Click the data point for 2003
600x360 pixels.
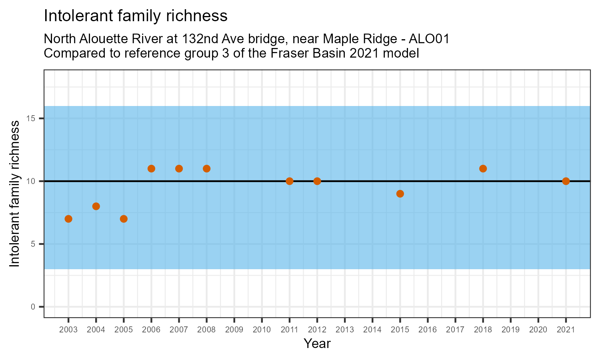click(x=68, y=219)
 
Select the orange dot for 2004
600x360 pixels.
click(x=96, y=206)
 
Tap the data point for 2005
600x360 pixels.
click(x=124, y=219)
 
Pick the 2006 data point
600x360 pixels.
click(x=151, y=168)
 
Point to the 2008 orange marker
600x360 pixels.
click(x=206, y=168)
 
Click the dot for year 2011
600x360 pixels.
click(x=290, y=181)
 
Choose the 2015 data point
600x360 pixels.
click(x=400, y=194)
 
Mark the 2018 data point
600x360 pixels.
click(x=483, y=168)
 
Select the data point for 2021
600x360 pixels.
click(x=566, y=181)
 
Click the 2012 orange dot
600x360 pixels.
click(x=317, y=181)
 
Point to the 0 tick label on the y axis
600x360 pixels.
click(x=33, y=307)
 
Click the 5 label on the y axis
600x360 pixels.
click(x=33, y=244)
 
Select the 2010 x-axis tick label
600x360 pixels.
click(x=262, y=330)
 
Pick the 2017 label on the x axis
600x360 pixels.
click(x=455, y=330)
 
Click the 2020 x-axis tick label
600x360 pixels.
click(x=538, y=330)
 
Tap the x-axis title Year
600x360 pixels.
click(x=317, y=344)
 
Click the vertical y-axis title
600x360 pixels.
click(x=14, y=194)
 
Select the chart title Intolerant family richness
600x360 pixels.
click(x=136, y=16)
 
